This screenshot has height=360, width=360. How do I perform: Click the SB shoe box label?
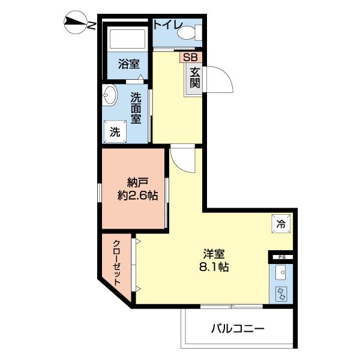pos(190,57)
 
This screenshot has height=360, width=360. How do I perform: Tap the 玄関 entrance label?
pos(195,77)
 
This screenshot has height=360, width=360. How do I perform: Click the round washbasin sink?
pos(109,95)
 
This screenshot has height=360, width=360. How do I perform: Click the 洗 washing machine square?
pos(114,131)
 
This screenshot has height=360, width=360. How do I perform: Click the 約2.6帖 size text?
pos(137,196)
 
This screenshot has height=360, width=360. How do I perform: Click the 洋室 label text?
pos(213,253)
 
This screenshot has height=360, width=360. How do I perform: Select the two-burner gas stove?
pos(280,294)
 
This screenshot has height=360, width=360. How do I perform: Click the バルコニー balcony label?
pos(237,329)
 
